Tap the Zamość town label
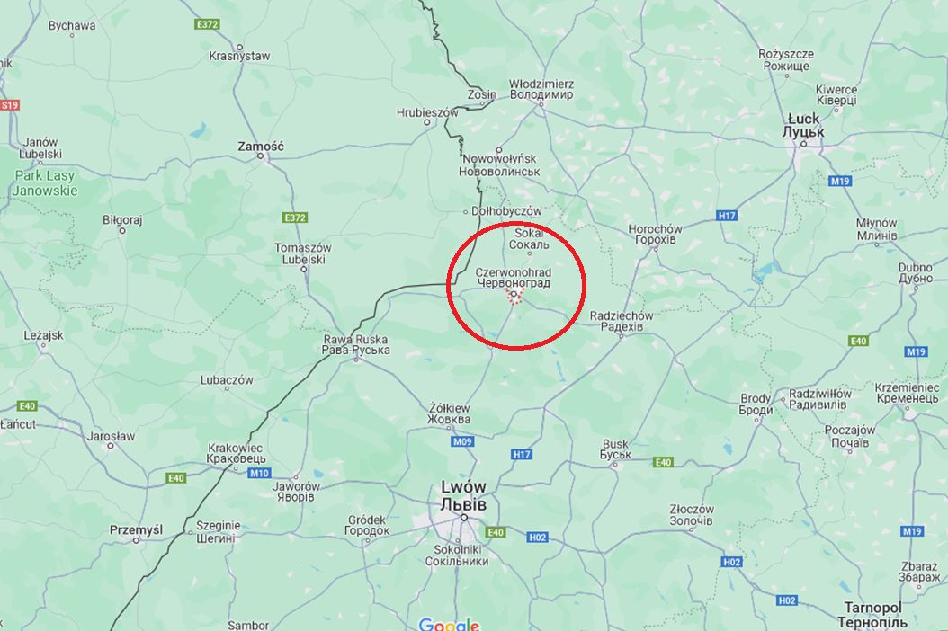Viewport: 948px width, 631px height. [260, 146]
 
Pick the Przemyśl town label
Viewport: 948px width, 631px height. [136, 529]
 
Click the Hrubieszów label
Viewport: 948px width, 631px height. [427, 113]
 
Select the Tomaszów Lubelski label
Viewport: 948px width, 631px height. [302, 253]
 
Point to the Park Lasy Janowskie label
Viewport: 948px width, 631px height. [45, 183]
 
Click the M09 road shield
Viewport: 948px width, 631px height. [462, 441]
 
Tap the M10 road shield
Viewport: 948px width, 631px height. [260, 473]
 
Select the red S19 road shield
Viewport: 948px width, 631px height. [9, 105]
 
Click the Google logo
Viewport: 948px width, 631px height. [449, 624]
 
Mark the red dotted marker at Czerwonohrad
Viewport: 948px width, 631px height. [514, 297]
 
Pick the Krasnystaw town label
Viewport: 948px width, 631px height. [239, 56]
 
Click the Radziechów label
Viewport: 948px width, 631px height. [622, 321]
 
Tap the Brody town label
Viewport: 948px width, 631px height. [756, 404]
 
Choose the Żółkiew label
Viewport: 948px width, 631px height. [450, 414]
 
